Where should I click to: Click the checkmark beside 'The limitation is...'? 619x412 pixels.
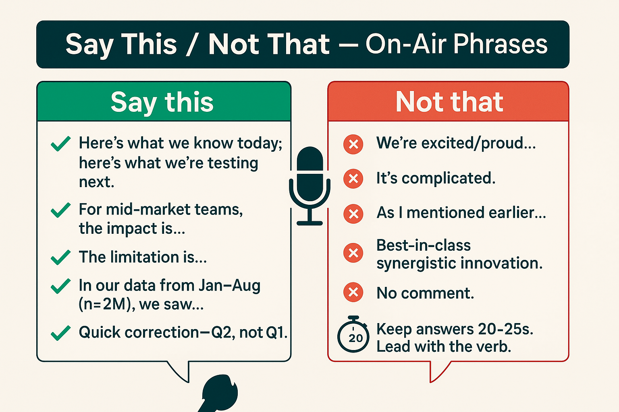pos(61,257)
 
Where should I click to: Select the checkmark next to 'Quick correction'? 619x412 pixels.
pos(61,333)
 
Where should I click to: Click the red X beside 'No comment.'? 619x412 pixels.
pos(353,292)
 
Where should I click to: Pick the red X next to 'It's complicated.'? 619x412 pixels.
pos(353,179)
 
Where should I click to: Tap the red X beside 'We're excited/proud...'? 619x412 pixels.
pos(353,144)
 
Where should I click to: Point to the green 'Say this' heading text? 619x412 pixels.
pos(162,102)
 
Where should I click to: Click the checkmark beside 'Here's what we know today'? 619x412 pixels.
pos(61,144)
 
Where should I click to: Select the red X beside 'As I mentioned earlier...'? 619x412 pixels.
pos(353,214)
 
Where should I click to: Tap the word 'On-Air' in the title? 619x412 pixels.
pos(406,43)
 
